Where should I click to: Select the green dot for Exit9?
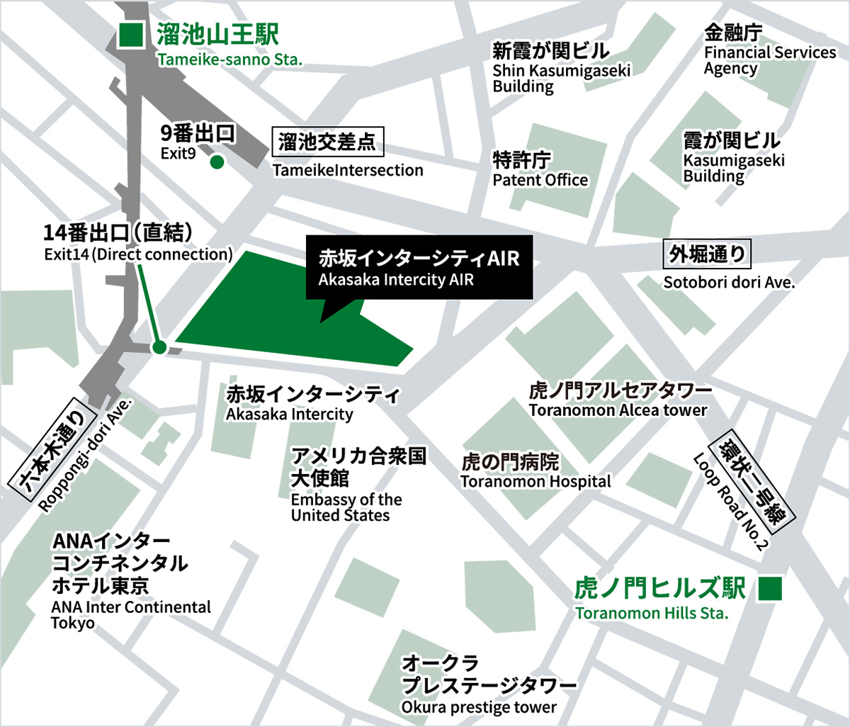tap(217, 163)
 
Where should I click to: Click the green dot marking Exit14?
tap(159, 346)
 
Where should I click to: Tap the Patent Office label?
tap(540, 180)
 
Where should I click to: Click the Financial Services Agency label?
tap(769, 60)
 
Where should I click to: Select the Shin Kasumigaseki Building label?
tap(562, 78)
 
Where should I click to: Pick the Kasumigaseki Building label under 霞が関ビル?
tap(734, 168)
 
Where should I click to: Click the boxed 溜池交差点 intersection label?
tap(327, 142)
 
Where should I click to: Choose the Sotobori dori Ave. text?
tap(729, 283)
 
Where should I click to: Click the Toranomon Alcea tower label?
tap(618, 410)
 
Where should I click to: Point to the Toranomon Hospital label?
tap(535, 482)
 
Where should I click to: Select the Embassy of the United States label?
tap(346, 507)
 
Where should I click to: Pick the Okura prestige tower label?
tap(479, 707)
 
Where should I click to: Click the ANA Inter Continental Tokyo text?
tap(131, 615)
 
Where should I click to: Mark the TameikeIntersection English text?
tap(348, 170)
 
